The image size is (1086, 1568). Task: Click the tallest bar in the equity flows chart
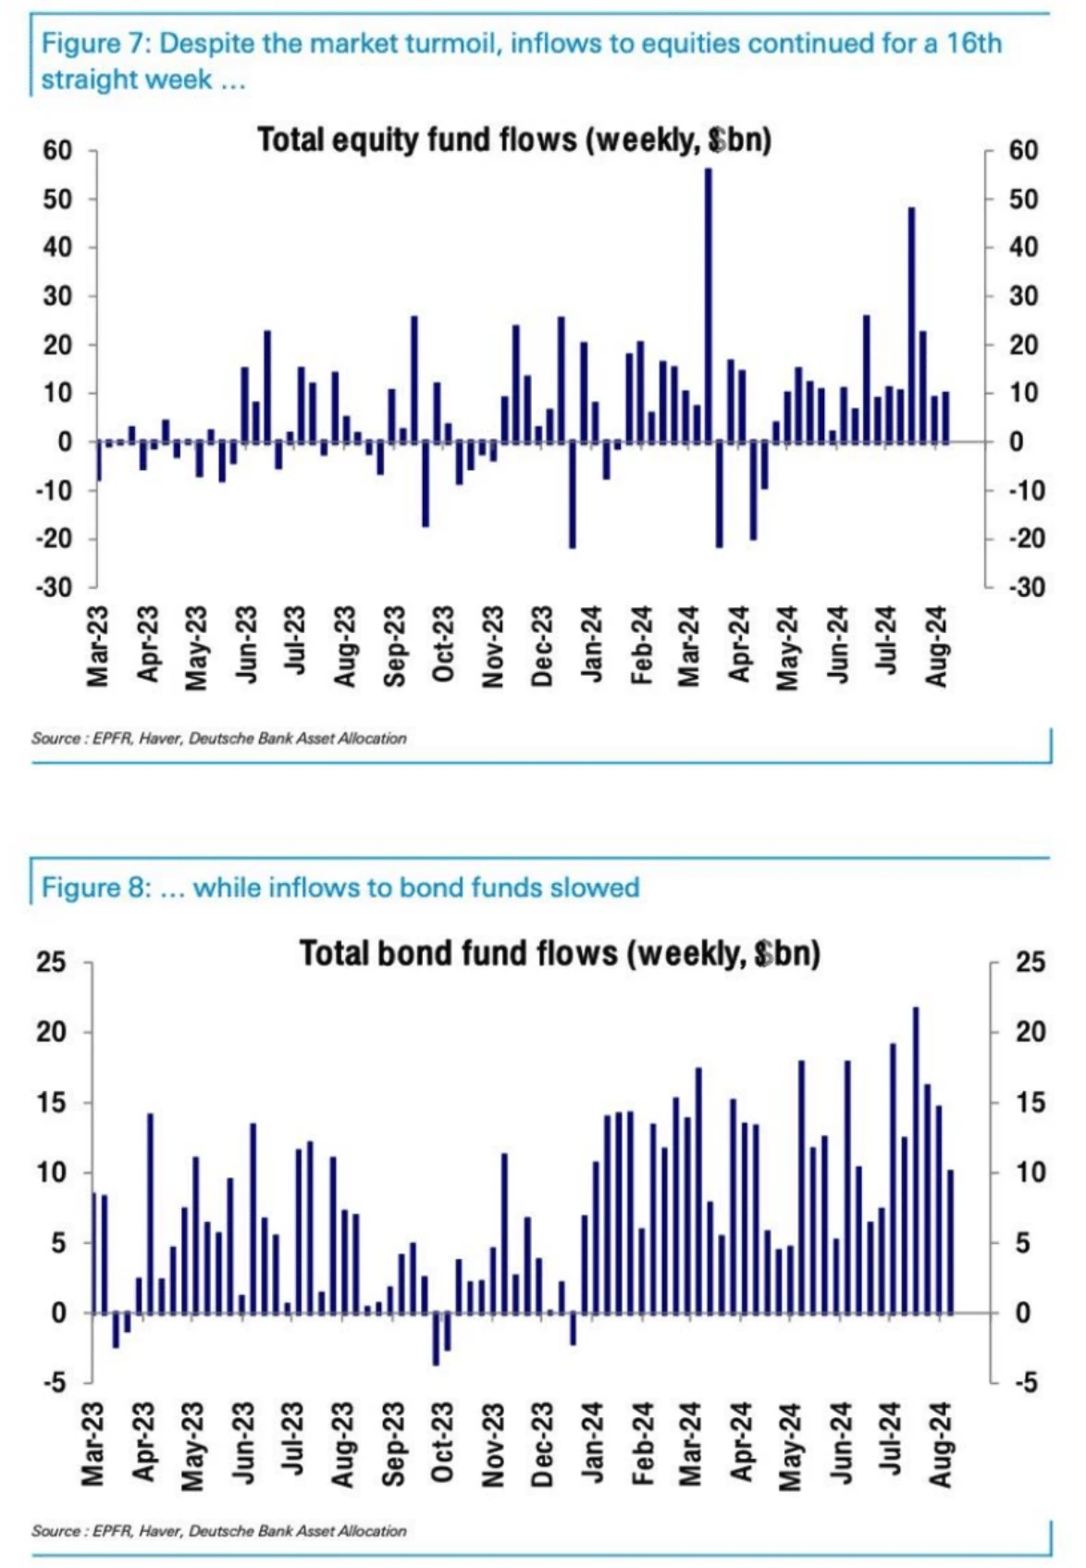coord(709,305)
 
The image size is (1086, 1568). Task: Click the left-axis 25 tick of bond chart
coord(51,963)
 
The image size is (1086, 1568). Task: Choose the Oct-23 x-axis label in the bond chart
coord(443,1445)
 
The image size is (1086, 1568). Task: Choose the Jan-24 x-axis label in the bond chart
coord(592,1445)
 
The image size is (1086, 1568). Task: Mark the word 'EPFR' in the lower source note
coord(114,1531)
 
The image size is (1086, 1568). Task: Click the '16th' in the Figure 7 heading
coord(974,44)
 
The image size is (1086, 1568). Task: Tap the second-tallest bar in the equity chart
coord(911,324)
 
